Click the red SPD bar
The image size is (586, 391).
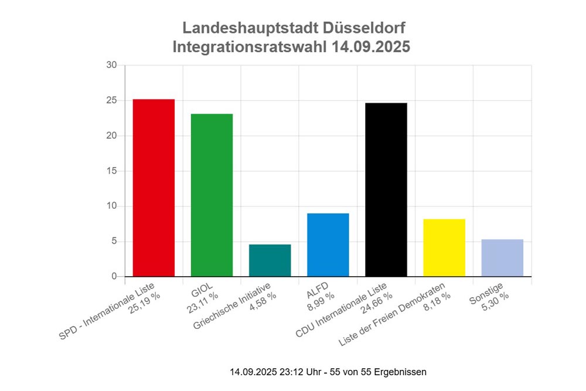[154, 188]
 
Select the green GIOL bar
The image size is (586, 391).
[212, 195]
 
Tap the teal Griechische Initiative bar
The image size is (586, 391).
[270, 260]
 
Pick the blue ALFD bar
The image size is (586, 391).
[328, 244]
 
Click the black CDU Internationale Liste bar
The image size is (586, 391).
[386, 189]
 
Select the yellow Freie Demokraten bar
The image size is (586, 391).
[444, 247]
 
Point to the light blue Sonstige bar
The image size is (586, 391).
[502, 257]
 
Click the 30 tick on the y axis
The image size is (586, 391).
[111, 65]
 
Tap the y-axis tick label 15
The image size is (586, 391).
[111, 171]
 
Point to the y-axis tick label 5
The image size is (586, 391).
[114, 242]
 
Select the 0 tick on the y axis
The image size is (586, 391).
[114, 277]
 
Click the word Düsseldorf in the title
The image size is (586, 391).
[364, 28]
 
